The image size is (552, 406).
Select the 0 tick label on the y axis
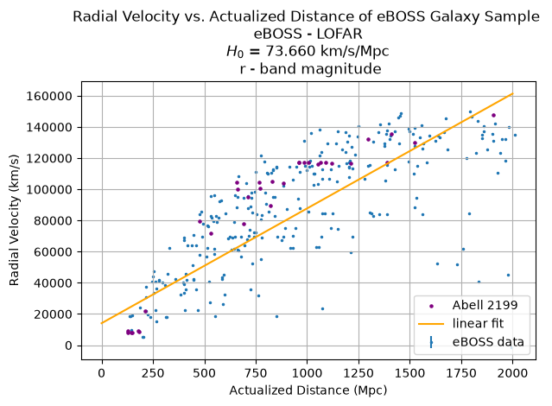click(68, 346)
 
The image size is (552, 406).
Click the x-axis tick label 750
click(256, 373)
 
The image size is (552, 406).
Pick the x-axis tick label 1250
click(358, 373)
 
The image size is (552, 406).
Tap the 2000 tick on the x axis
click(512, 373)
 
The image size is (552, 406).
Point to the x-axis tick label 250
click(153, 373)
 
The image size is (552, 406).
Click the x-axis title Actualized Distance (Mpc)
click(308, 390)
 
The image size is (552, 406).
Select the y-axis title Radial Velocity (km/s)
click(14, 220)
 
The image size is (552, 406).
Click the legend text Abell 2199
click(485, 305)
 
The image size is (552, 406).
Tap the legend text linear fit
click(478, 323)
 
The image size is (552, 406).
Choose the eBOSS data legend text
click(488, 341)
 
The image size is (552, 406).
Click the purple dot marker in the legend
click(431, 306)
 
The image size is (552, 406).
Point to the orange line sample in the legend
click(431, 324)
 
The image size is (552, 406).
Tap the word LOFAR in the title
click(339, 34)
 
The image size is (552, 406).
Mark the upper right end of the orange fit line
click(513, 93)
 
